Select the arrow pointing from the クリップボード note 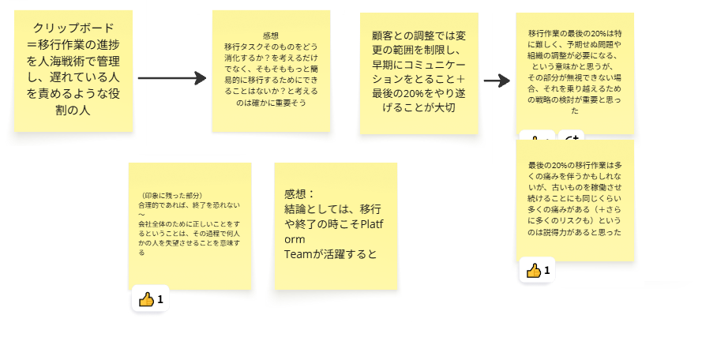tap(171, 78)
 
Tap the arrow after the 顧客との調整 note tap(497, 81)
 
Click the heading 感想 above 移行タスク tap(271, 36)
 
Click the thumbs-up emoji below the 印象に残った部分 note tap(146, 299)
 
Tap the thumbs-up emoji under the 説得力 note tap(534, 271)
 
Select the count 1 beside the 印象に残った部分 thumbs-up tap(160, 299)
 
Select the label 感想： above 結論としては tap(299, 194)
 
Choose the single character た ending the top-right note tap(574, 111)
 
